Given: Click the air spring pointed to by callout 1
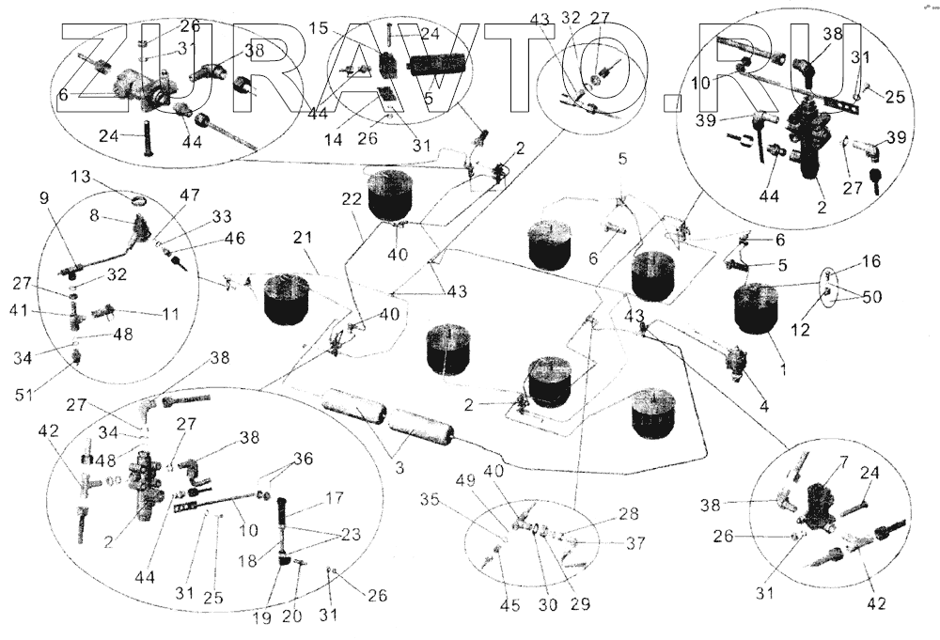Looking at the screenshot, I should [757, 310].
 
